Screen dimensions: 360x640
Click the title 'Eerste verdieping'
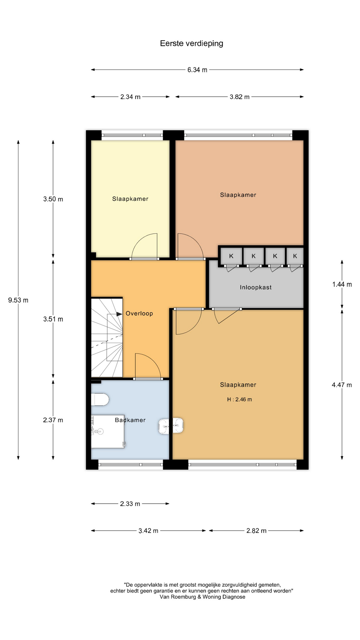(x=192, y=43)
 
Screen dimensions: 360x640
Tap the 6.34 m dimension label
(x=197, y=70)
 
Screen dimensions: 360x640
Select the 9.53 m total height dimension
(x=18, y=300)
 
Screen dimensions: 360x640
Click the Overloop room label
(x=139, y=313)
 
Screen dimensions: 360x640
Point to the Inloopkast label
(x=256, y=287)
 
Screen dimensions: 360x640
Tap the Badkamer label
(x=130, y=420)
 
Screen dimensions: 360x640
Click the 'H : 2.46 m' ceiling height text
(x=239, y=399)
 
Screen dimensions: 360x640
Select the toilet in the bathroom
(x=100, y=399)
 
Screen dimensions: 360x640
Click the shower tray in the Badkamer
(x=108, y=431)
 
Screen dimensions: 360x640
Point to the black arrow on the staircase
(x=119, y=314)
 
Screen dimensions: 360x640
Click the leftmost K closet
(x=231, y=256)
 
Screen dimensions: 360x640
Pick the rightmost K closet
(x=295, y=256)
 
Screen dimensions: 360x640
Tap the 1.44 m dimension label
(x=342, y=284)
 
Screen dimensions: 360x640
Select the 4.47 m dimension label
(x=342, y=385)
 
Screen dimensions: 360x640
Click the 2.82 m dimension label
(x=256, y=531)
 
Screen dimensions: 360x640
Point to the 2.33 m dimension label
(x=130, y=504)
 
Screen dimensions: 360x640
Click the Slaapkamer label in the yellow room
(x=130, y=199)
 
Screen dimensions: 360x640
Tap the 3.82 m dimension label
(x=240, y=97)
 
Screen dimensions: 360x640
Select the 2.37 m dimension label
(x=53, y=420)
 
